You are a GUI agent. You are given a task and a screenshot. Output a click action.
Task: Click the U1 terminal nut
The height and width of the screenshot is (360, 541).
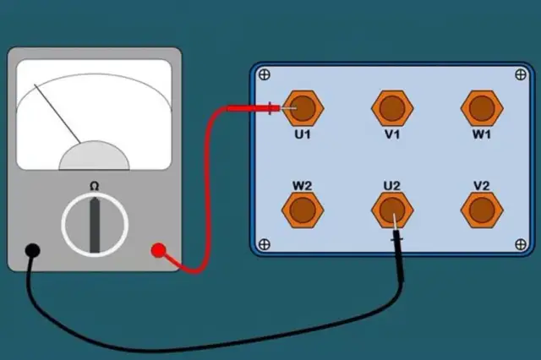click(x=303, y=108)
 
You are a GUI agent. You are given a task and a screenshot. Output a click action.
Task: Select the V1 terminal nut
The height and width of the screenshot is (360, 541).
click(x=391, y=108)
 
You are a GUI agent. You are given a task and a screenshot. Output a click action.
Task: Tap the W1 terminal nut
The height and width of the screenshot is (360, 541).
click(x=480, y=108)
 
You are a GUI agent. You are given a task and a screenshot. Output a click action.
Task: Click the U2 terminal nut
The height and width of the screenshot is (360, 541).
click(x=391, y=208)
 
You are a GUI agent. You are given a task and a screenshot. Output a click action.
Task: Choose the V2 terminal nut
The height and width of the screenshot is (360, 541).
click(x=480, y=208)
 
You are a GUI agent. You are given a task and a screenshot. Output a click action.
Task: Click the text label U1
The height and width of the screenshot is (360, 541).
click(x=303, y=134)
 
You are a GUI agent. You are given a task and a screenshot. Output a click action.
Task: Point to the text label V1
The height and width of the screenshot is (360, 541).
click(x=391, y=134)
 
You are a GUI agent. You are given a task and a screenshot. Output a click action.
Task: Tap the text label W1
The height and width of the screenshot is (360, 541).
click(x=480, y=134)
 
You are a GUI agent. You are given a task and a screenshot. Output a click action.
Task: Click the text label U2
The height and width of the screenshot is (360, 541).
click(x=391, y=183)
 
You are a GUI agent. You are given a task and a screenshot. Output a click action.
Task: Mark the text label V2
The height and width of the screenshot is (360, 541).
click(x=480, y=183)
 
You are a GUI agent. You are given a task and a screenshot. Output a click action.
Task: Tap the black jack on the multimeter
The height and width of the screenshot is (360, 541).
click(x=32, y=250)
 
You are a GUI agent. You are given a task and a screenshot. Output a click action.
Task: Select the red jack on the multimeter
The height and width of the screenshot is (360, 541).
click(x=157, y=250)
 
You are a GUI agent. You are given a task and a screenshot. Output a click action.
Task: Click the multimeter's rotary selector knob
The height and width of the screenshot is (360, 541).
click(x=95, y=224)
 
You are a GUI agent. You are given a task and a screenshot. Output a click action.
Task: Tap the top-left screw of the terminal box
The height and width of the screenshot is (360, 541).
click(x=264, y=74)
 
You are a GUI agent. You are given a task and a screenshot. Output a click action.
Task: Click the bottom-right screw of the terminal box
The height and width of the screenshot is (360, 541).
click(x=520, y=245)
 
